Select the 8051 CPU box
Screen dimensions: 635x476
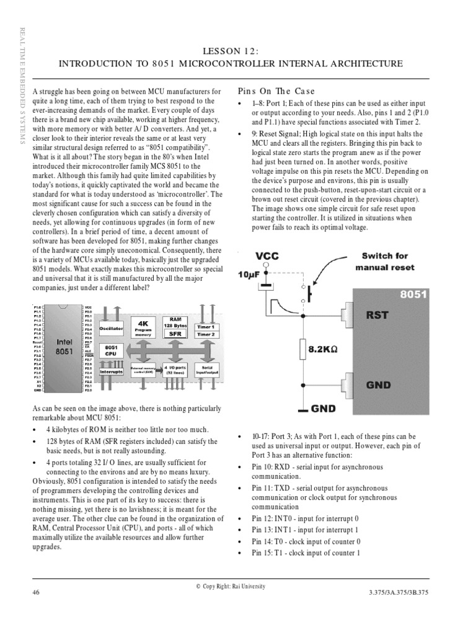click(x=112, y=351)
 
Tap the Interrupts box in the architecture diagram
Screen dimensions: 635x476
click(x=112, y=371)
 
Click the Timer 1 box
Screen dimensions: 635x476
click(x=206, y=327)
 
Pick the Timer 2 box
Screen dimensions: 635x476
click(x=206, y=335)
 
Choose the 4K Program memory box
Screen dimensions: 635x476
click(x=143, y=327)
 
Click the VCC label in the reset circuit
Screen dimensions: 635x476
click(x=267, y=255)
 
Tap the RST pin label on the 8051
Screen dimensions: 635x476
click(x=377, y=314)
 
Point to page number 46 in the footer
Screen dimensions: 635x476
click(x=36, y=592)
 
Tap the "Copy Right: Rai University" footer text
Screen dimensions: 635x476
click(x=230, y=586)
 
